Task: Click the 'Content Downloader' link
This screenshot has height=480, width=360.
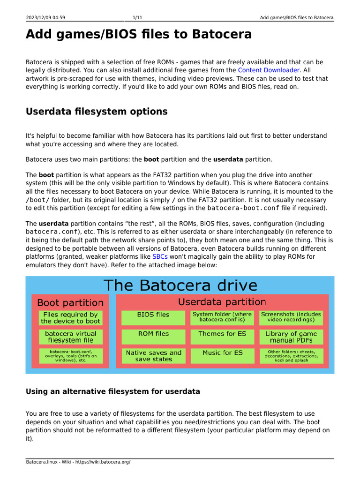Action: pyautogui.click(x=268, y=70)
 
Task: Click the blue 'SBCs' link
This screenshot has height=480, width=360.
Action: pyautogui.click(x=160, y=257)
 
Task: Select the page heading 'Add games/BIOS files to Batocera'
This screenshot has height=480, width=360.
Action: pyautogui.click(x=138, y=34)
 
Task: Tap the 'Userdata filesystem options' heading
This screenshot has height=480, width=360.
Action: pyautogui.click(x=96, y=112)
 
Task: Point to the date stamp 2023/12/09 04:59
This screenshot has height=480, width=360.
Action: pyautogui.click(x=45, y=18)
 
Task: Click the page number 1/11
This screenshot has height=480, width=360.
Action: pyautogui.click(x=137, y=18)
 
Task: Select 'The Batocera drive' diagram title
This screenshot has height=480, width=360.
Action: pyautogui.click(x=180, y=285)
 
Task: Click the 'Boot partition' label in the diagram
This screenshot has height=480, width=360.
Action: pyautogui.click(x=70, y=303)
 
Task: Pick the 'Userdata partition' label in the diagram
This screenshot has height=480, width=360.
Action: pyautogui.click(x=222, y=302)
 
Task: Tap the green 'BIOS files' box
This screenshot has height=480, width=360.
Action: pyautogui.click(x=153, y=317)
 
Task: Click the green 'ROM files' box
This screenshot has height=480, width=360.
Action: pyautogui.click(x=153, y=337)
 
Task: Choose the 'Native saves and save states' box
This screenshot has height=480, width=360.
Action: pyautogui.click(x=153, y=356)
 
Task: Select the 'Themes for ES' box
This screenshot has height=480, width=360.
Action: pyautogui.click(x=222, y=337)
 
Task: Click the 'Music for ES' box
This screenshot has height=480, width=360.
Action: pyautogui.click(x=222, y=356)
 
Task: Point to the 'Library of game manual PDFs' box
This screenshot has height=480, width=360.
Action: pyautogui.click(x=291, y=337)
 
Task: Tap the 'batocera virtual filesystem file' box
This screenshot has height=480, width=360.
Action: pyautogui.click(x=70, y=337)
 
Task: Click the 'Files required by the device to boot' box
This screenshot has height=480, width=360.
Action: pyautogui.click(x=70, y=317)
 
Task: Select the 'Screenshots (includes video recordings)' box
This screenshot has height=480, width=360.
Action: pyautogui.click(x=291, y=317)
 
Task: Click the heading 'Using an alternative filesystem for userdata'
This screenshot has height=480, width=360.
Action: pyautogui.click(x=112, y=391)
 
